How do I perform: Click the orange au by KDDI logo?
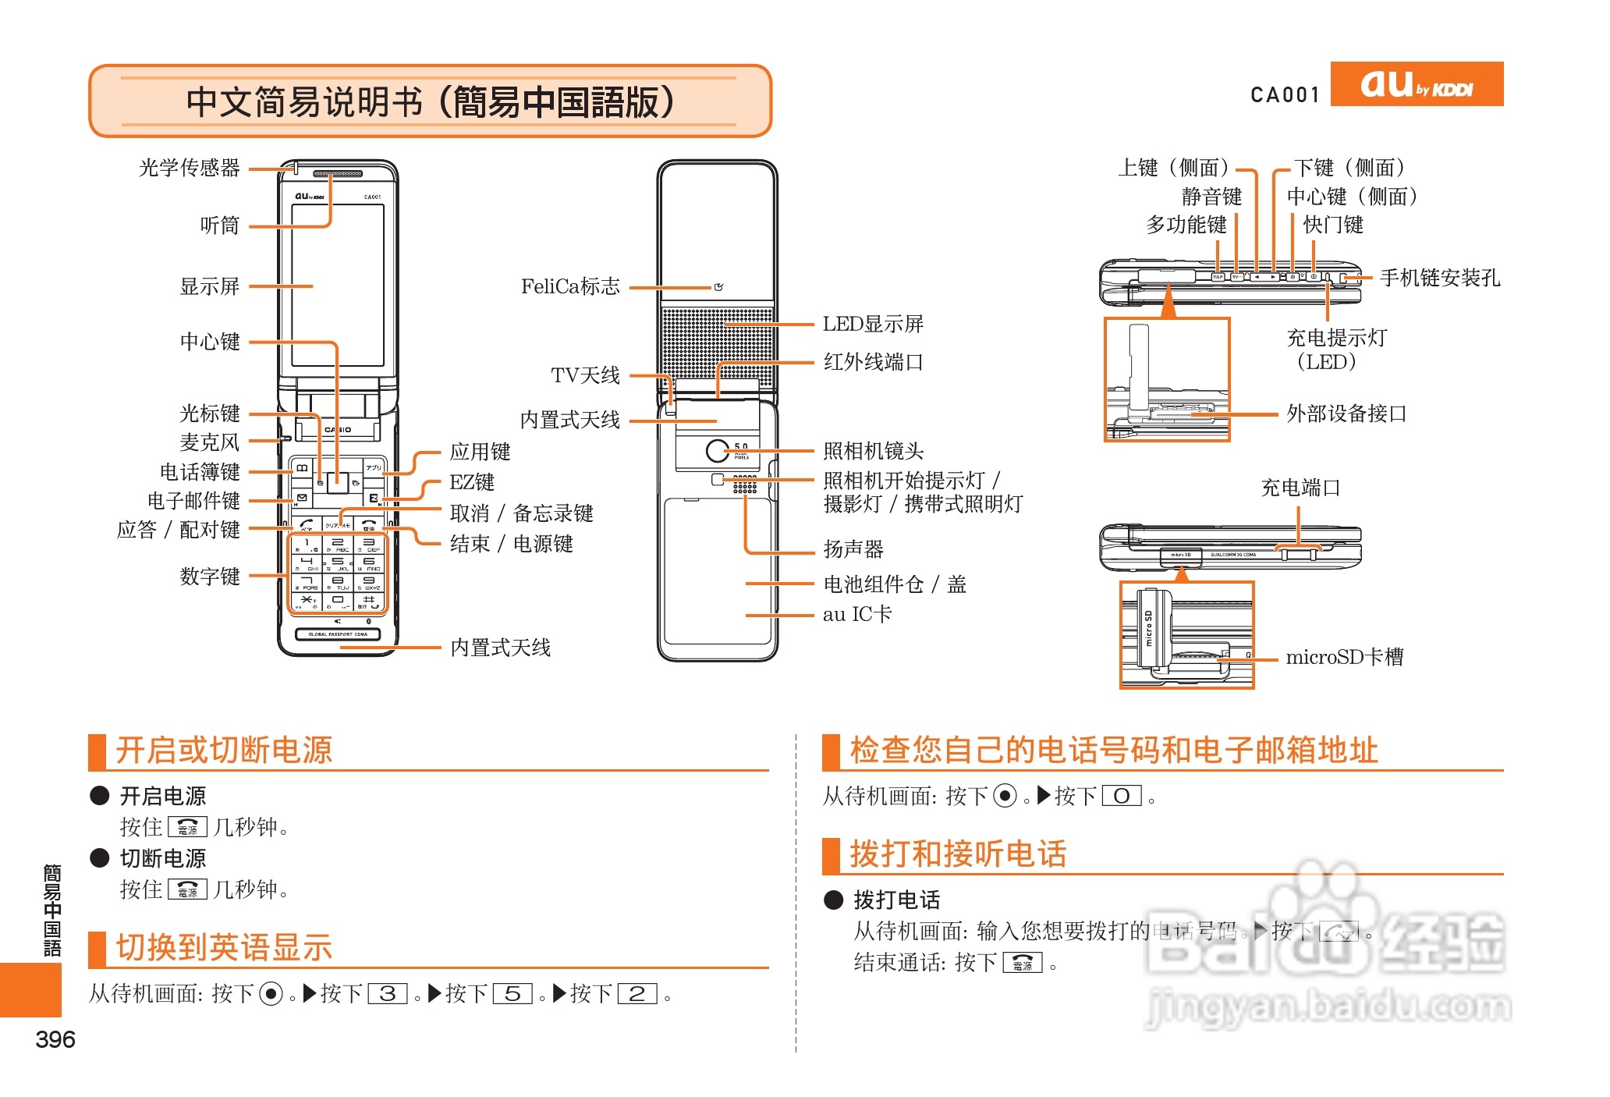(x=1416, y=83)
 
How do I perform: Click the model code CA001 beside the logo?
(x=1285, y=95)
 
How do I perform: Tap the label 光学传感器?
(x=190, y=168)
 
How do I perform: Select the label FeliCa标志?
(x=570, y=286)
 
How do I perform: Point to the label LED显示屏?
(x=873, y=324)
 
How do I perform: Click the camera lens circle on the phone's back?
(x=717, y=450)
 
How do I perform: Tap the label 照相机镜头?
(x=873, y=450)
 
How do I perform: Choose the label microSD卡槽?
(x=1344, y=657)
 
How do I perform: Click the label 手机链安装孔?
(x=1439, y=278)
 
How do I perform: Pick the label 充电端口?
(x=1300, y=488)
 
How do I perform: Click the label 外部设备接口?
(x=1346, y=414)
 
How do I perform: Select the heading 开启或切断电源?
(x=224, y=750)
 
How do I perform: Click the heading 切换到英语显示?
(x=224, y=947)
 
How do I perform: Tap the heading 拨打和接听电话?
(x=958, y=854)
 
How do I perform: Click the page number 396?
(x=55, y=1039)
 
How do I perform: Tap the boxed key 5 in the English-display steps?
(x=512, y=994)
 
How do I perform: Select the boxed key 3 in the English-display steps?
(x=388, y=994)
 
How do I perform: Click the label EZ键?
(x=472, y=482)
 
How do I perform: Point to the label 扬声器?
(x=853, y=549)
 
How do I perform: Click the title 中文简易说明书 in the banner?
(x=304, y=101)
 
